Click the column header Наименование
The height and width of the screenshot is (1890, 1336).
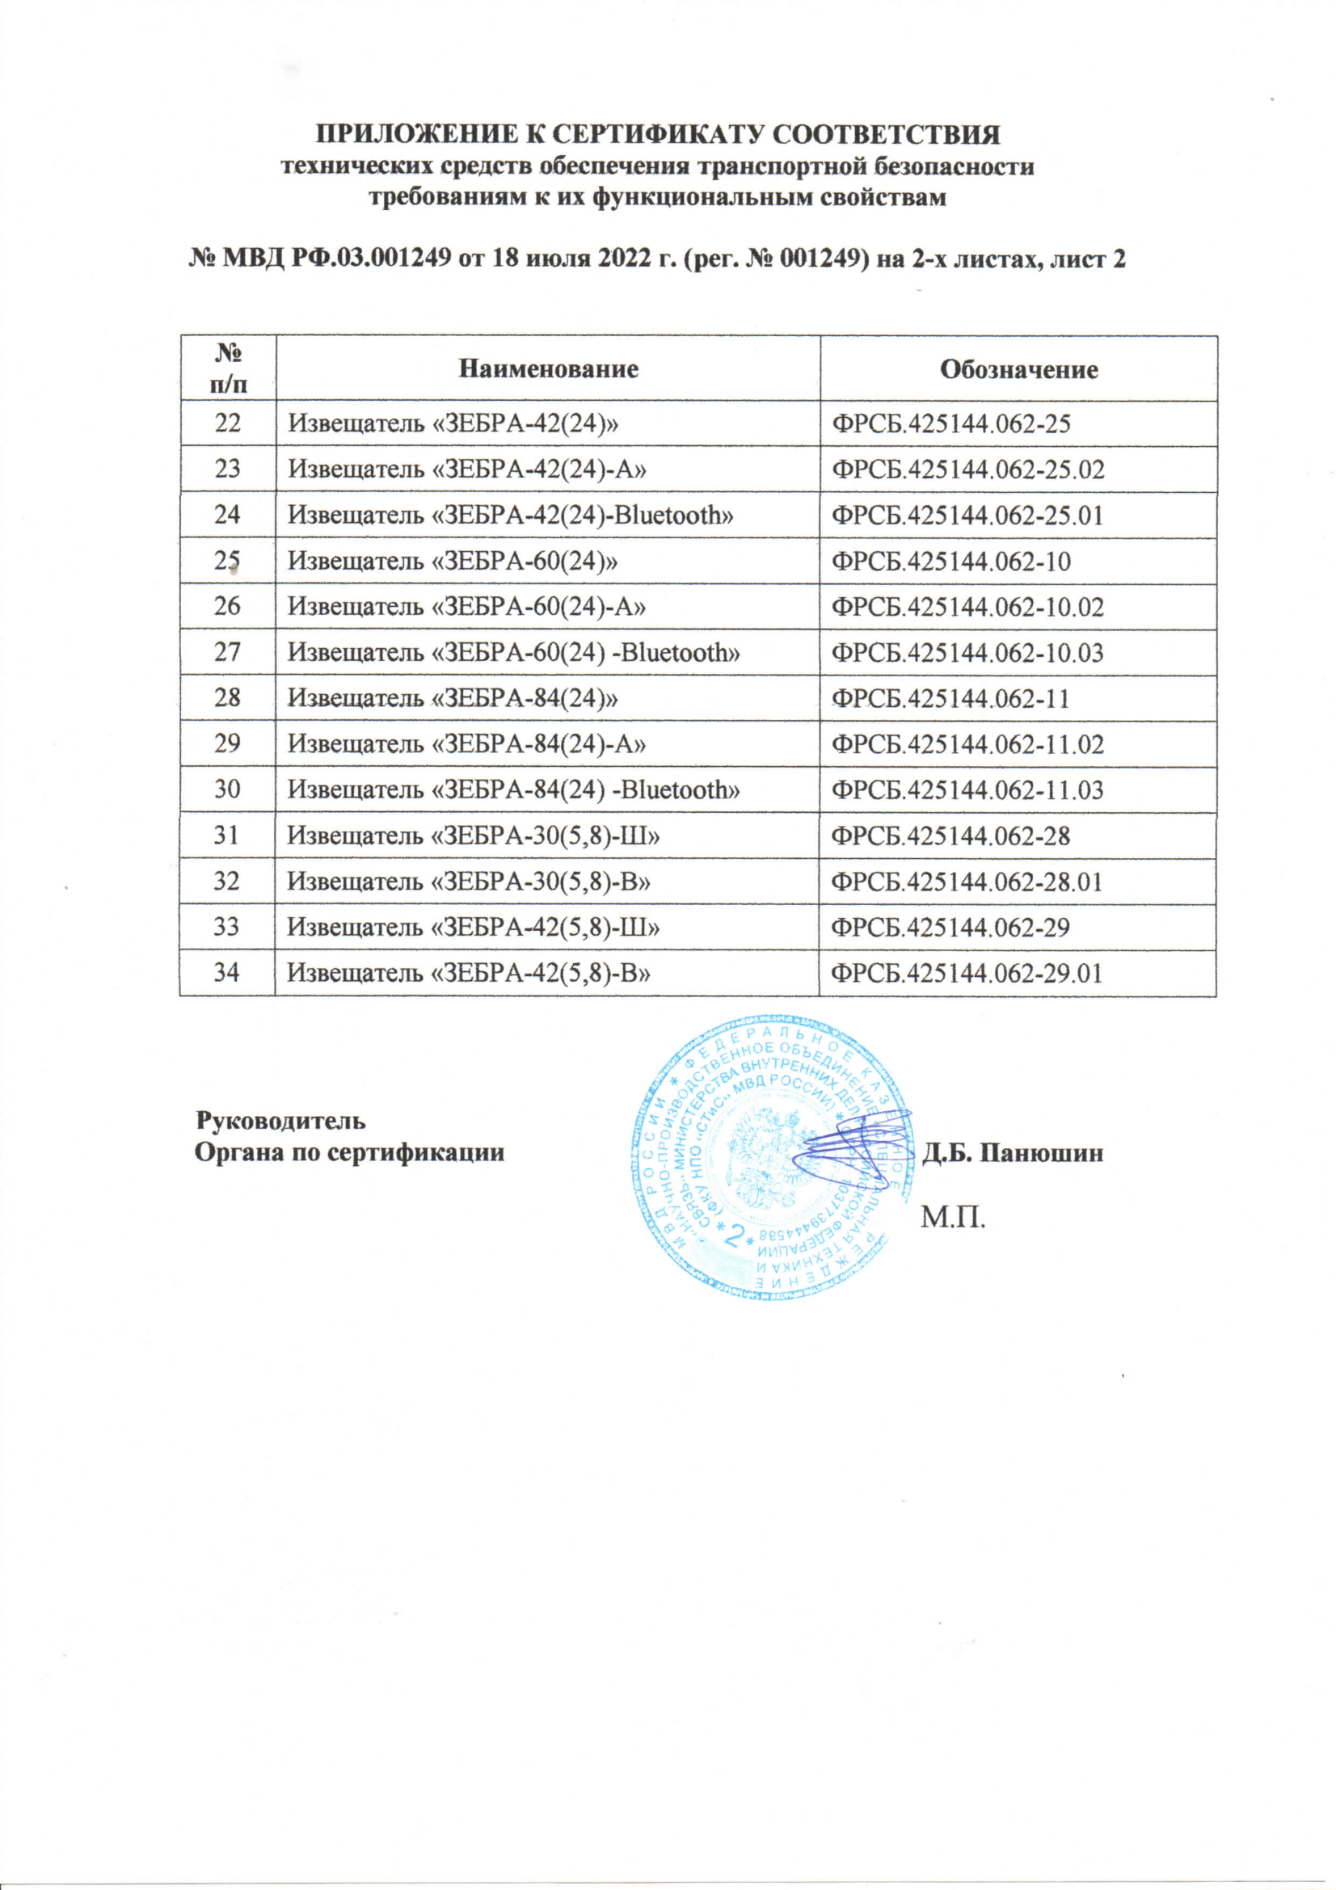(548, 368)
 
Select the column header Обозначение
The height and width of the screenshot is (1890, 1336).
(1019, 368)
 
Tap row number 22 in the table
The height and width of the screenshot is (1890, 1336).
(227, 424)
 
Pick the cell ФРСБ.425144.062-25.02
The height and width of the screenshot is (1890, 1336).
(968, 470)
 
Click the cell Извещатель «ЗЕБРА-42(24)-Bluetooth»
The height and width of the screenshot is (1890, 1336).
(510, 516)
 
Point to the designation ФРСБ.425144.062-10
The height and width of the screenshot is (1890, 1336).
(951, 562)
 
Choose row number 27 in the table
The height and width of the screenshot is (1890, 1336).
(227, 653)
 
